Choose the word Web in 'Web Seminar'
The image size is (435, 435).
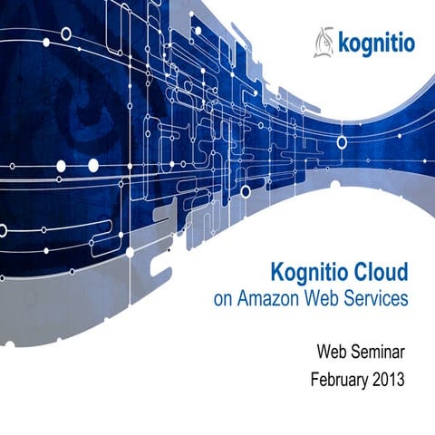[x=333, y=350]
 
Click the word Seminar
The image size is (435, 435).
[x=380, y=350]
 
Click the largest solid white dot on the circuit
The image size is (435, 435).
[x=92, y=164]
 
